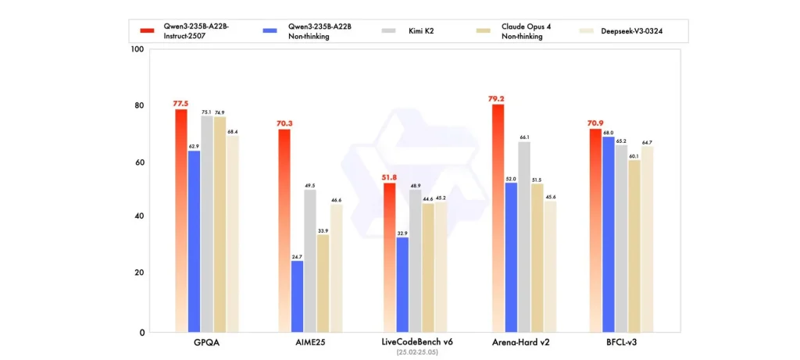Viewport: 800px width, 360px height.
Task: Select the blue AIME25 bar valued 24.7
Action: pyautogui.click(x=297, y=296)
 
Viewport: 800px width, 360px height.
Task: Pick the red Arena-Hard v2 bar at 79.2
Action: pyautogui.click(x=498, y=218)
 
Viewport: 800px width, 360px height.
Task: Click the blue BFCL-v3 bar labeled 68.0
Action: pyautogui.click(x=608, y=234)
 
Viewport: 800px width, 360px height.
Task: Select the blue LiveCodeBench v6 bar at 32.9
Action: pyautogui.click(x=402, y=284)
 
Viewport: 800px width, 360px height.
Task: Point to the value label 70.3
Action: pyautogui.click(x=284, y=123)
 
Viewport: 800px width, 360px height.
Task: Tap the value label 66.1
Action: pyautogui.click(x=524, y=137)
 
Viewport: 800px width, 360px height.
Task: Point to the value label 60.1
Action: pyautogui.click(x=634, y=155)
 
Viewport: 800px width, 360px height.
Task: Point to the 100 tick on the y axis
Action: pyautogui.click(x=138, y=49)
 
